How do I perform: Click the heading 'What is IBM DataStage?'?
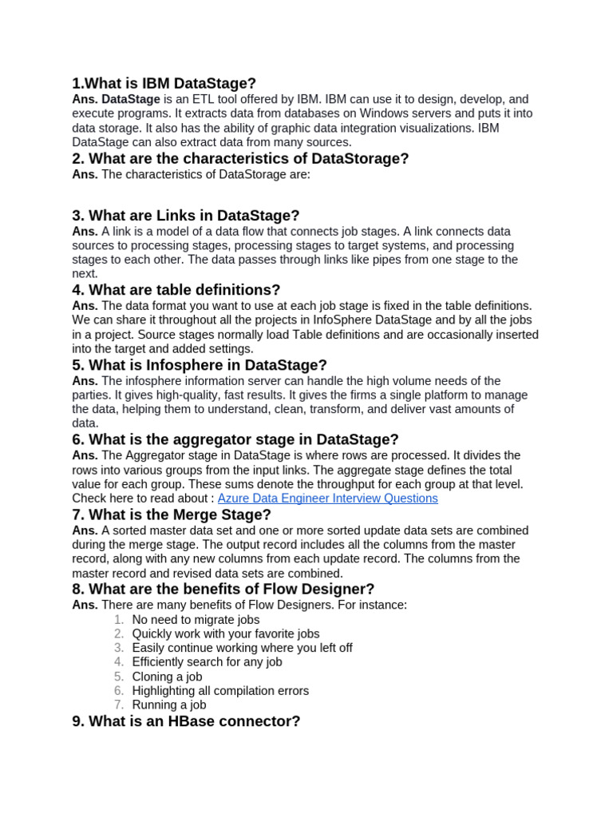click(x=164, y=84)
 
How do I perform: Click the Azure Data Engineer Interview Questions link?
click(x=327, y=498)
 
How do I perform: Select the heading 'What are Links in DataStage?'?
click(x=185, y=216)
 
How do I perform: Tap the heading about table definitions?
click(x=176, y=291)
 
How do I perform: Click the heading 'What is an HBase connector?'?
click(x=185, y=721)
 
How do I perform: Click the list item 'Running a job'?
click(x=169, y=705)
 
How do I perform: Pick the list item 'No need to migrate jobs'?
click(x=196, y=619)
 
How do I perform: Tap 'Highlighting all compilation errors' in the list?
click(x=220, y=691)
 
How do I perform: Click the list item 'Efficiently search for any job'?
click(x=207, y=662)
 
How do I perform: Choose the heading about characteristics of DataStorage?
click(x=239, y=159)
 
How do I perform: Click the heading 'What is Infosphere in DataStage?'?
click(x=199, y=365)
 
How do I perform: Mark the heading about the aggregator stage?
click(x=235, y=440)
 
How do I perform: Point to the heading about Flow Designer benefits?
click(x=223, y=590)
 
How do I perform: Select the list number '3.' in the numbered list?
click(x=119, y=648)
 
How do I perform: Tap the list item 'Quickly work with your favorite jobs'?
click(x=226, y=633)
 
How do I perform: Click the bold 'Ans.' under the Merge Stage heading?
click(x=85, y=530)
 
